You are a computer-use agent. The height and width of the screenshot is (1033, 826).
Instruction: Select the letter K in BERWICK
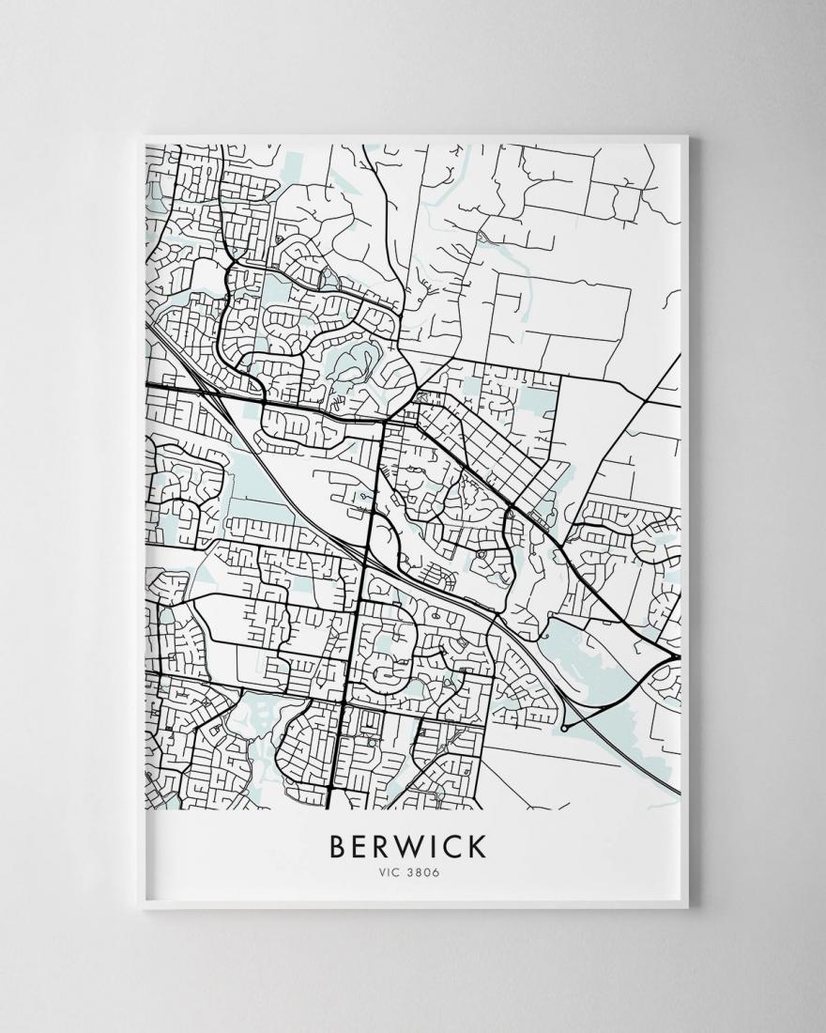(478, 845)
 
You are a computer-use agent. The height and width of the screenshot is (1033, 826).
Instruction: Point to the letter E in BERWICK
(359, 845)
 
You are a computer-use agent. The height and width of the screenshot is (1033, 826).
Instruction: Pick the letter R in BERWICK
(382, 845)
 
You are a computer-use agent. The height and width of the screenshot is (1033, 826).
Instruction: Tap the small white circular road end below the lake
(563, 727)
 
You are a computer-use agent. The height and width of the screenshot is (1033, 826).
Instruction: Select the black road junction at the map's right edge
(676, 654)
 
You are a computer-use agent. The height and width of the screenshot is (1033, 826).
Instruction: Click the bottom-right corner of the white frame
(688, 907)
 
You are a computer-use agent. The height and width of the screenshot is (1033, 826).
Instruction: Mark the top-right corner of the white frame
(688, 137)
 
